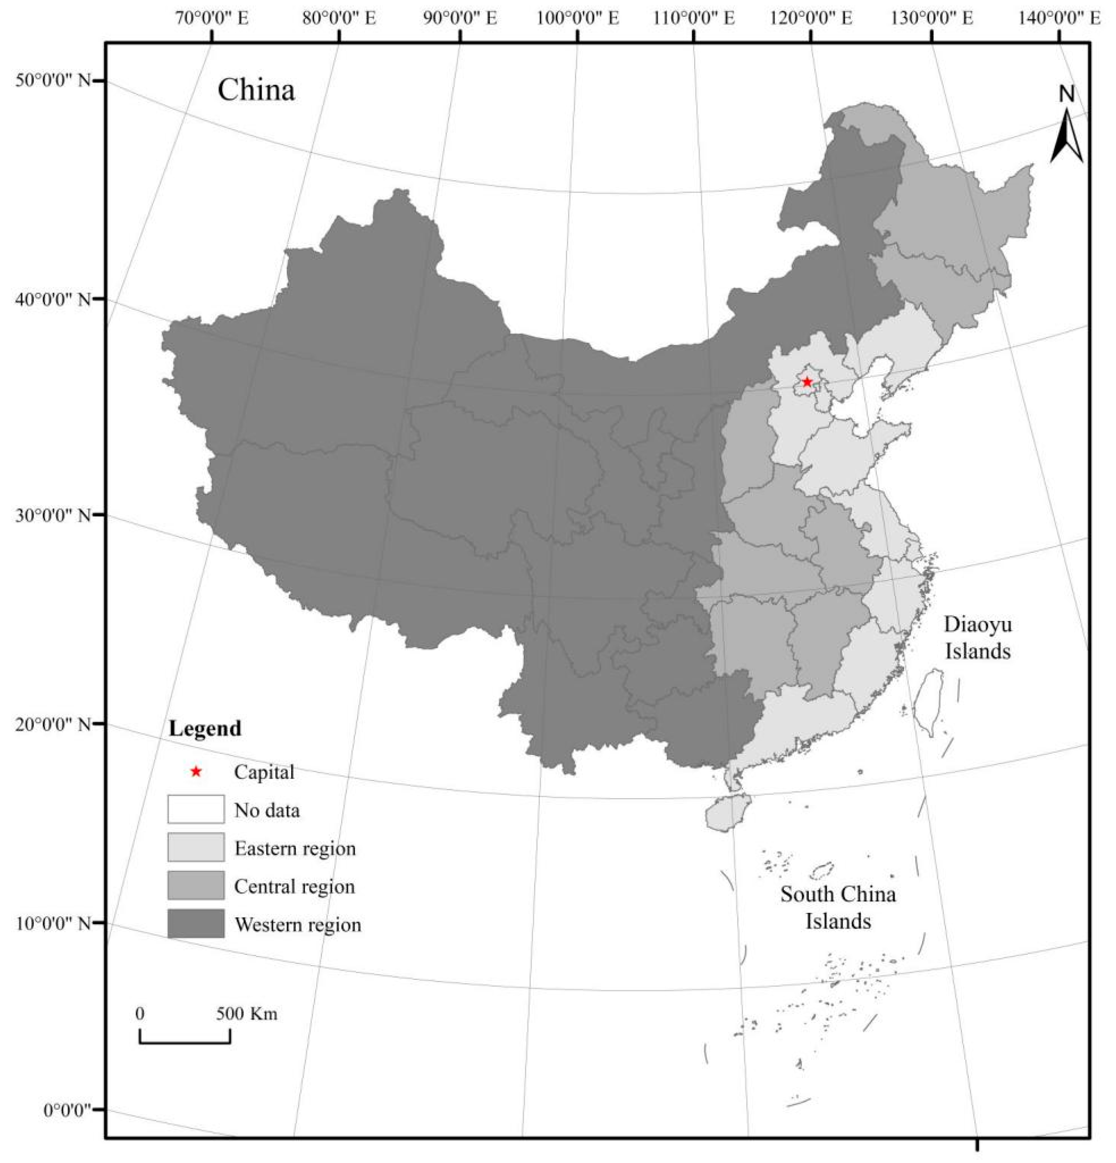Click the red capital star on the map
806,382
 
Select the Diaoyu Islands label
977,638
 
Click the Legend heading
205,728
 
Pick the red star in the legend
196,772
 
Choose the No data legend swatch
196,809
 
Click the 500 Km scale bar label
246,1013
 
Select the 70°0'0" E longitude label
212,18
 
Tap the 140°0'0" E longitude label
1060,18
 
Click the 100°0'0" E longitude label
578,18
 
